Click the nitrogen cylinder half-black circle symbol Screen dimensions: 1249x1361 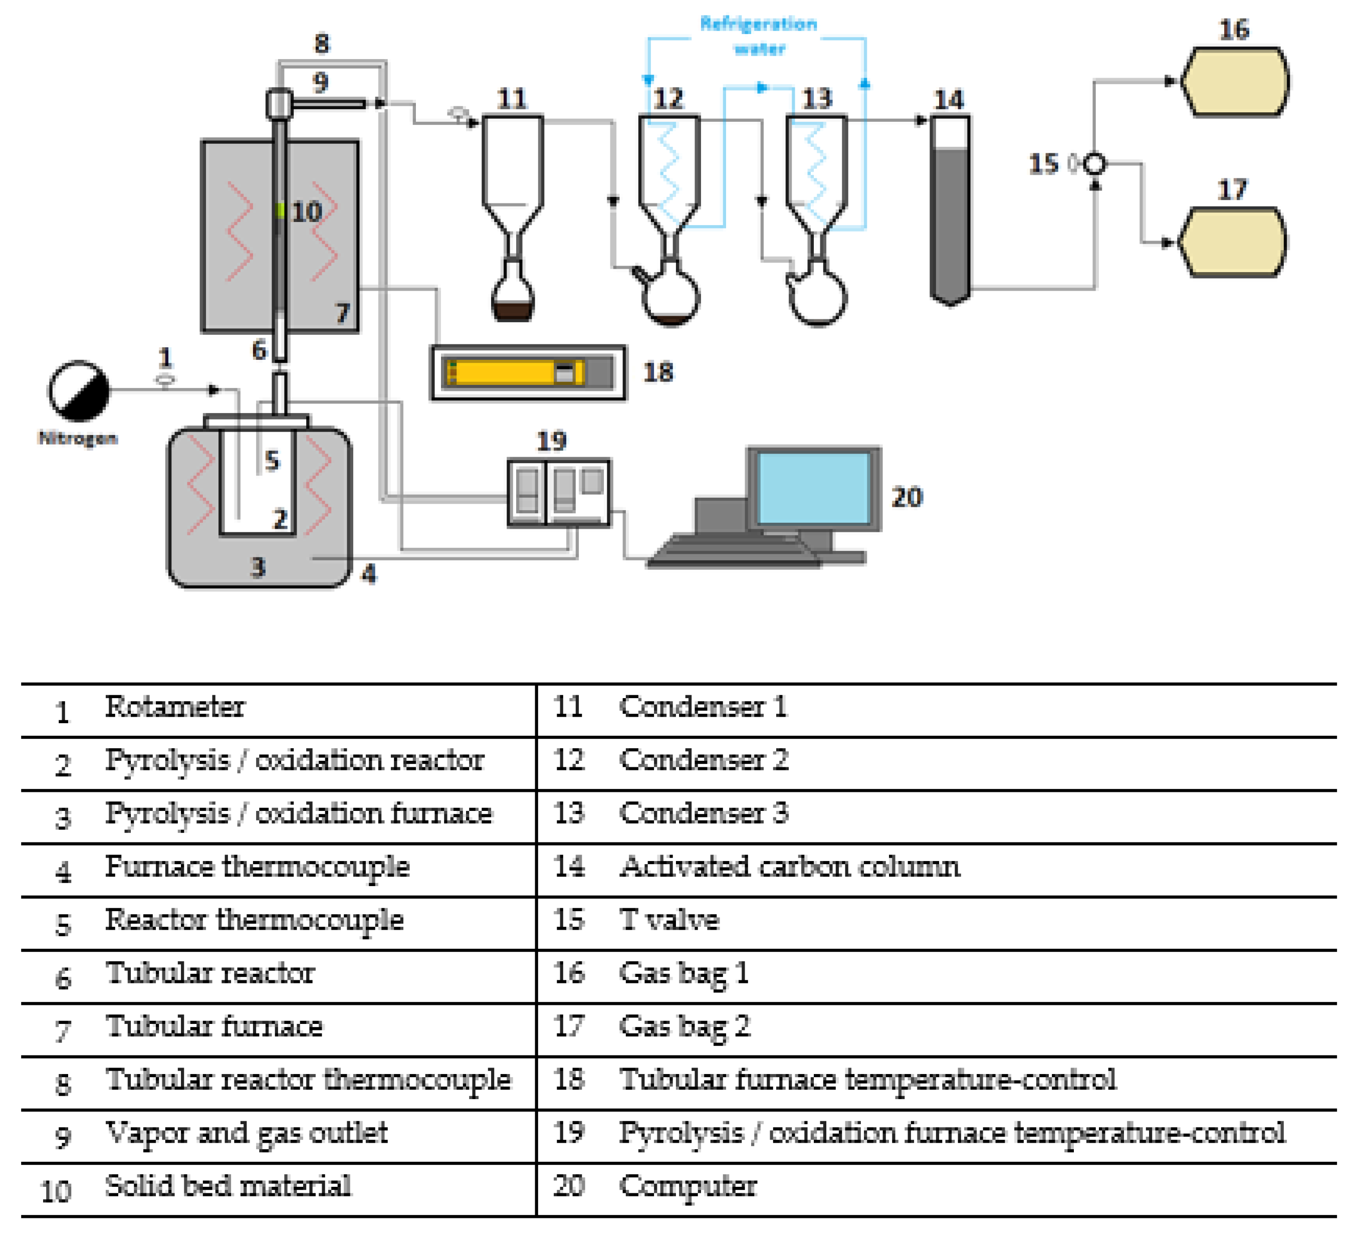(78, 390)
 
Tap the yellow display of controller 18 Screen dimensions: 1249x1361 (514, 372)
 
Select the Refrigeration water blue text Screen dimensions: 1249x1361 (758, 35)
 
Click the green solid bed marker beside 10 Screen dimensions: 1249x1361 (280, 211)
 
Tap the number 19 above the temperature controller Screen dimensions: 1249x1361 (551, 442)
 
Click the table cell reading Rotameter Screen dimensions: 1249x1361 (174, 707)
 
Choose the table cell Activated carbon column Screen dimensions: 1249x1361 (789, 867)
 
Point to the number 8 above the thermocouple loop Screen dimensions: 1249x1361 (322, 44)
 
